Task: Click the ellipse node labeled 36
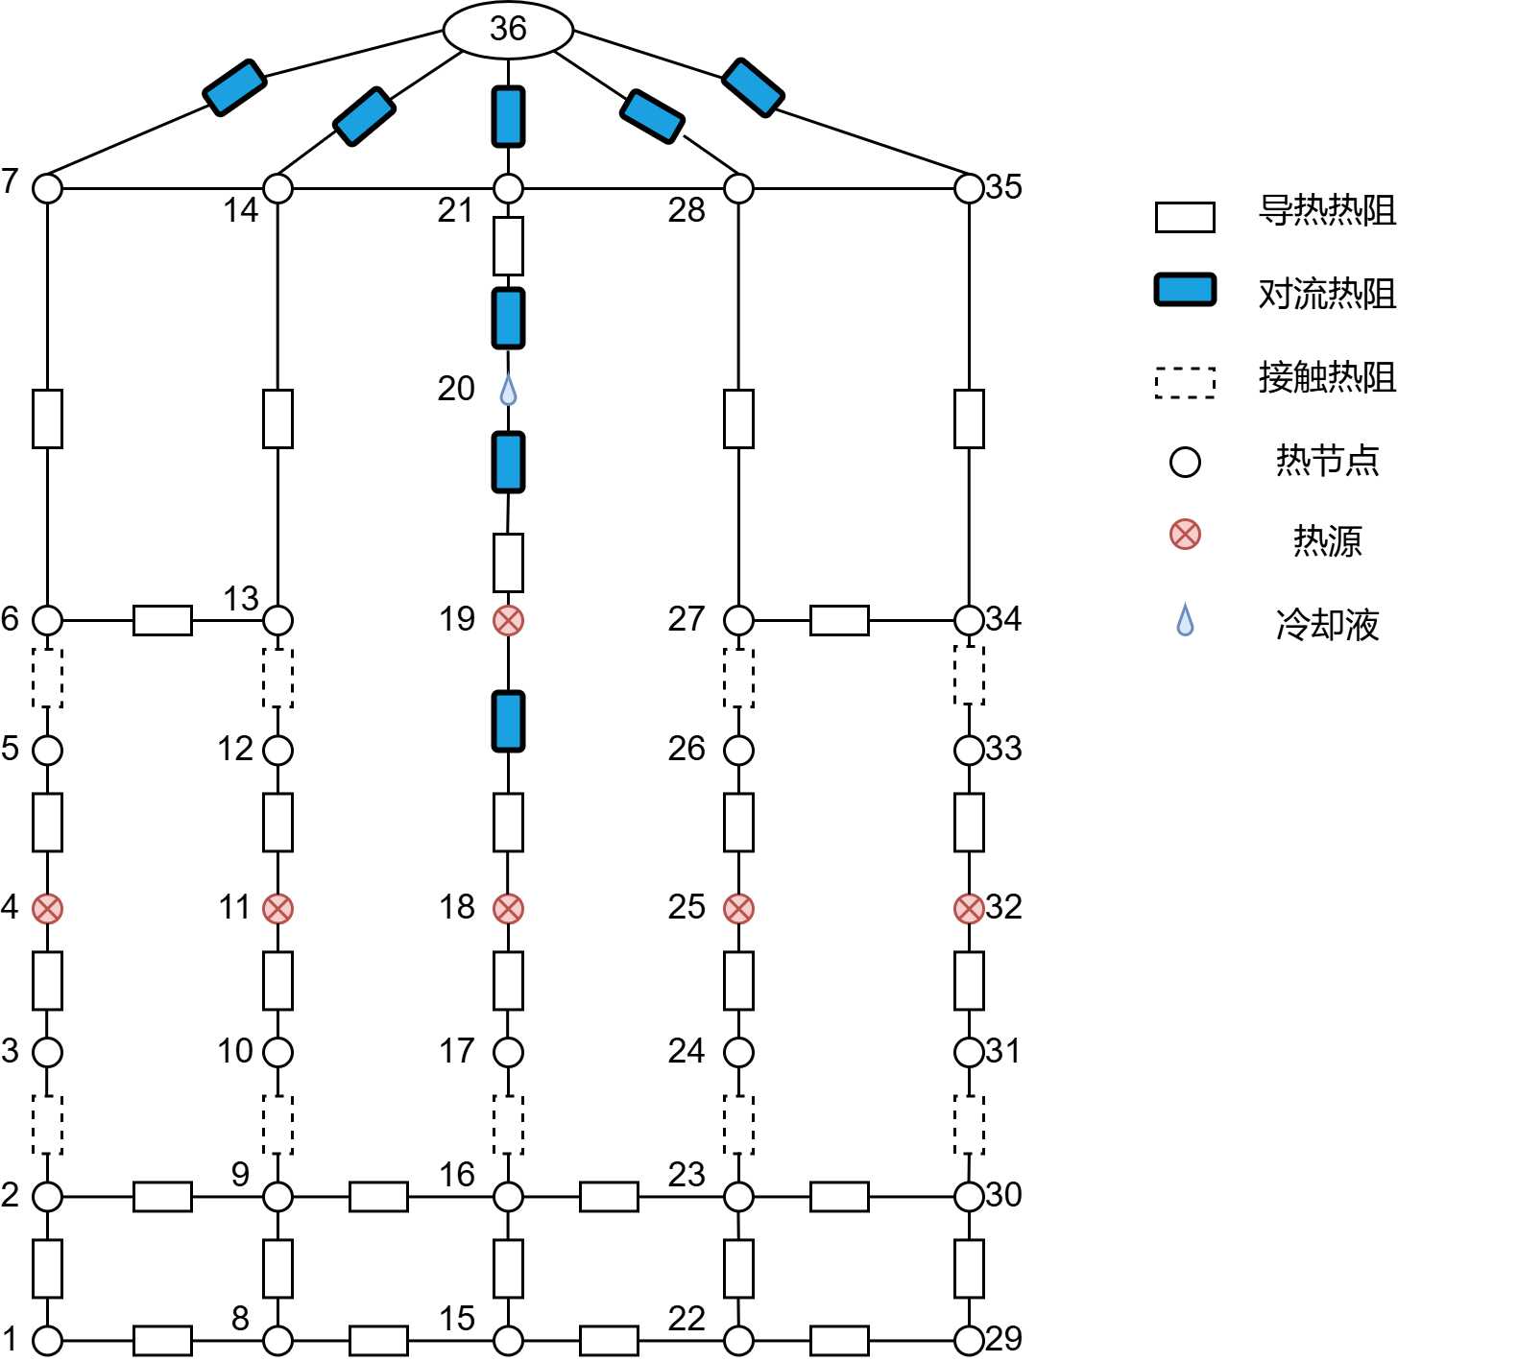point(508,29)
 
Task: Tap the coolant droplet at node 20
point(508,389)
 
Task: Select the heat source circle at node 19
point(508,620)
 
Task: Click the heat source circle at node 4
point(47,908)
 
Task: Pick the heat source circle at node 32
point(969,908)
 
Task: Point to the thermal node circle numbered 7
point(47,188)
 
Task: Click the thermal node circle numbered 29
point(969,1340)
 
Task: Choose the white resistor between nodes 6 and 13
point(162,620)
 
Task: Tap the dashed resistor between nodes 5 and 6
point(47,678)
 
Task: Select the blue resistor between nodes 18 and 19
point(508,721)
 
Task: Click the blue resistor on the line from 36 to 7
point(234,87)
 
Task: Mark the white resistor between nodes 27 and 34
point(839,620)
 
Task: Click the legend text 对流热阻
point(1327,294)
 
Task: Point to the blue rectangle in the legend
point(1185,290)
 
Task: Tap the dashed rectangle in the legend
point(1185,382)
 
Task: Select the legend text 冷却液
point(1327,625)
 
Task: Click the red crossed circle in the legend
point(1185,534)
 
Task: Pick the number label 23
point(687,1174)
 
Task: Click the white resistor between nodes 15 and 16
point(508,1268)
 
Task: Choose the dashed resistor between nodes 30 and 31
point(969,1124)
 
